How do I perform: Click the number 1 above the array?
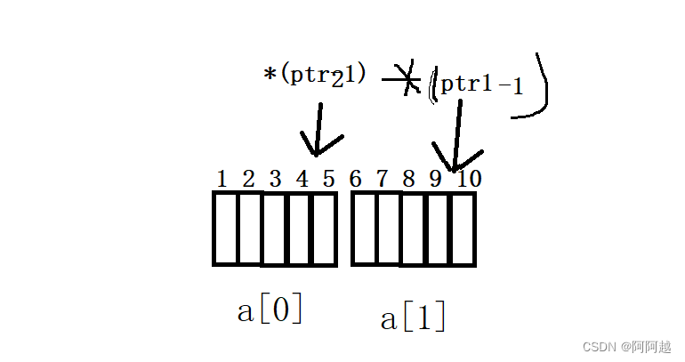click(x=222, y=179)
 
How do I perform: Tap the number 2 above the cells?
click(x=248, y=179)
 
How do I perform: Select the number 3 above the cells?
click(x=276, y=179)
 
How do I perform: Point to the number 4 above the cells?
click(x=302, y=179)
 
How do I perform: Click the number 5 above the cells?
click(x=328, y=179)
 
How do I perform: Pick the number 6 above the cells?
click(x=356, y=179)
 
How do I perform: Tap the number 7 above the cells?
click(x=382, y=179)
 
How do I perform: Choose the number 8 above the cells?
click(x=408, y=179)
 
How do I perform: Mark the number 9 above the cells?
click(x=435, y=179)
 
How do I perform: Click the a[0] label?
click(x=270, y=310)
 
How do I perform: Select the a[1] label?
click(x=413, y=318)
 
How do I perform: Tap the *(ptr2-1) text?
click(x=315, y=76)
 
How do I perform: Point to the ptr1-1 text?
click(x=481, y=84)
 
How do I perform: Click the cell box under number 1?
click(x=225, y=228)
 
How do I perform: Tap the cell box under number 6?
click(x=364, y=229)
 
